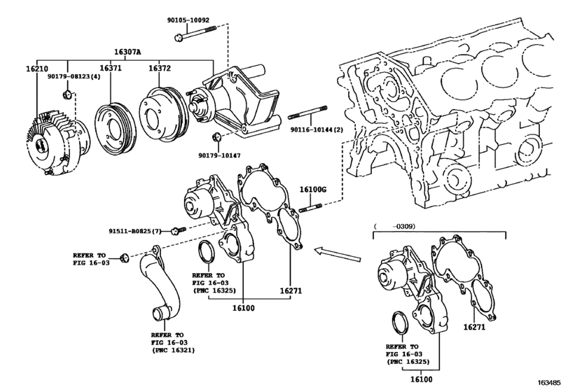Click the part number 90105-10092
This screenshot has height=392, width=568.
click(x=188, y=20)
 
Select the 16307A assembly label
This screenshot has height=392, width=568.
click(x=127, y=52)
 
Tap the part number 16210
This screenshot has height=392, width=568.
click(x=37, y=69)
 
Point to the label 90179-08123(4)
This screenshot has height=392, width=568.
click(x=74, y=76)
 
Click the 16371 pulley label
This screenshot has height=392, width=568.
click(x=111, y=68)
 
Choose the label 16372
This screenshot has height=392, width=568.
click(x=160, y=68)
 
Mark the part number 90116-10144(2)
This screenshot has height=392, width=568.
click(x=317, y=129)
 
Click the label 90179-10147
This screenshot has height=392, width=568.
click(x=219, y=155)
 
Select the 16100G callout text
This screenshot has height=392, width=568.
click(x=313, y=189)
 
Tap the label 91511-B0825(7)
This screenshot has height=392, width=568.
click(x=135, y=230)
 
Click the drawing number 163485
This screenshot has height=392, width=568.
click(x=548, y=382)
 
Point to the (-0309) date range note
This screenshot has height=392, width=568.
click(x=394, y=226)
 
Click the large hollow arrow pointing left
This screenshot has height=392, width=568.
click(x=338, y=254)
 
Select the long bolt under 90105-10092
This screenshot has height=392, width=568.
click(x=195, y=33)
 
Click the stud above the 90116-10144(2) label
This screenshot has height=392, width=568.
click(x=308, y=112)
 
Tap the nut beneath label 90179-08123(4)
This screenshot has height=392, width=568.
click(x=67, y=94)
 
